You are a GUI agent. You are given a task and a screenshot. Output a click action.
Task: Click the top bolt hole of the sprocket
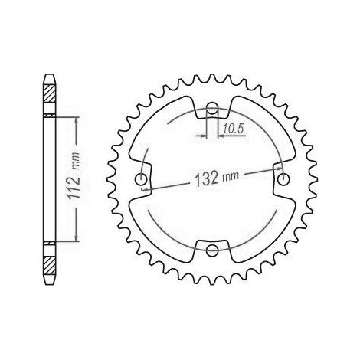click(212, 109)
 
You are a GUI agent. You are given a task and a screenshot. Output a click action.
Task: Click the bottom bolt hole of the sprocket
click(212, 250)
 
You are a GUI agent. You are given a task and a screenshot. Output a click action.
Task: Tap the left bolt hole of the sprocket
click(141, 179)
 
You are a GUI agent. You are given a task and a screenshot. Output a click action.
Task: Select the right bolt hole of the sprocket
click(283, 179)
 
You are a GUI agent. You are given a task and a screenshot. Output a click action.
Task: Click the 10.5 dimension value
click(234, 129)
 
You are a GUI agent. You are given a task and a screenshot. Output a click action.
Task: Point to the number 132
click(207, 178)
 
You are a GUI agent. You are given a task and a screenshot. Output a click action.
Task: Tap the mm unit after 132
click(231, 176)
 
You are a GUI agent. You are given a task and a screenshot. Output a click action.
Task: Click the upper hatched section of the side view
click(49, 93)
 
